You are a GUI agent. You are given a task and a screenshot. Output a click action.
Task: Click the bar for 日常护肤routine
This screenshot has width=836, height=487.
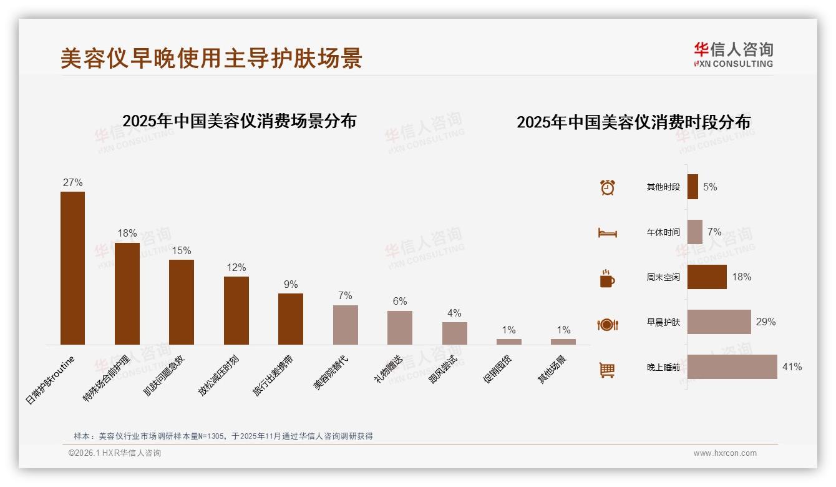[72, 268]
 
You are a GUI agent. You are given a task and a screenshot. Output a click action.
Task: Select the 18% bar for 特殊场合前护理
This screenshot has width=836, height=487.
[127, 293]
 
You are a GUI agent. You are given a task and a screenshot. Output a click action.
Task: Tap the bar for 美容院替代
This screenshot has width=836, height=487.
[346, 325]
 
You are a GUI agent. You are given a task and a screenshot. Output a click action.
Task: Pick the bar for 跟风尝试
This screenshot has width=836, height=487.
[455, 333]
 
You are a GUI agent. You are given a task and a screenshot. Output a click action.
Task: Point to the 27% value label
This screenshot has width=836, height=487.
[72, 183]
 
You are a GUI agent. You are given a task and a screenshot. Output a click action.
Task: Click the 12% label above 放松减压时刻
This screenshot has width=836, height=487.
[236, 268]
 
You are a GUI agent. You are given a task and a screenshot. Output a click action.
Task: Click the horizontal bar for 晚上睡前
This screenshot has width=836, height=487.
[732, 367]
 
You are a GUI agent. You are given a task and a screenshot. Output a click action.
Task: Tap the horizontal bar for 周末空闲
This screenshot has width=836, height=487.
[707, 277]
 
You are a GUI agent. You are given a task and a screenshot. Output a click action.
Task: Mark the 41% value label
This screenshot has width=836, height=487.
[792, 367]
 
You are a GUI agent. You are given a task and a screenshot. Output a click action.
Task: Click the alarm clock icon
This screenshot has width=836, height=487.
[608, 187]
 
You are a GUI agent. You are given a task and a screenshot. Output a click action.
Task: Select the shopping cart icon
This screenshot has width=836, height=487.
[607, 370]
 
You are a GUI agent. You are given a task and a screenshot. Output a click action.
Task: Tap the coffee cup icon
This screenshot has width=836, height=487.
[607, 278]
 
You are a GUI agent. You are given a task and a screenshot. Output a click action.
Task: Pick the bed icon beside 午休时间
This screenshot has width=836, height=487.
[607, 233]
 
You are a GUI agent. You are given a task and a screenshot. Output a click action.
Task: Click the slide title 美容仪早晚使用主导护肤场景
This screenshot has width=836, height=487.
[211, 59]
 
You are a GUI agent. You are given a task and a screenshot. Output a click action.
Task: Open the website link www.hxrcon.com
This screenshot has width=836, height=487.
[725, 453]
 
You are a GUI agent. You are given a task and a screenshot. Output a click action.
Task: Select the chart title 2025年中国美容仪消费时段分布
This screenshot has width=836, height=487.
[633, 122]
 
